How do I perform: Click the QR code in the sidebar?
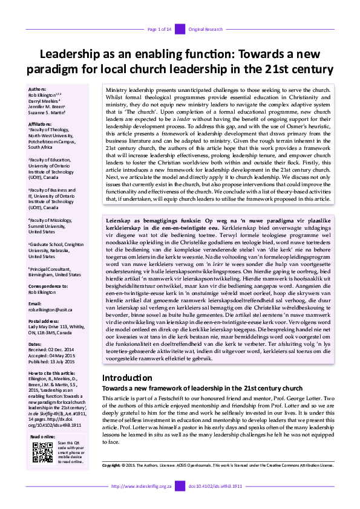[41, 453]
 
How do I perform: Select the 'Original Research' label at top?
[206, 29]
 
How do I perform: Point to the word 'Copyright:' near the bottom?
[112, 482]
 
